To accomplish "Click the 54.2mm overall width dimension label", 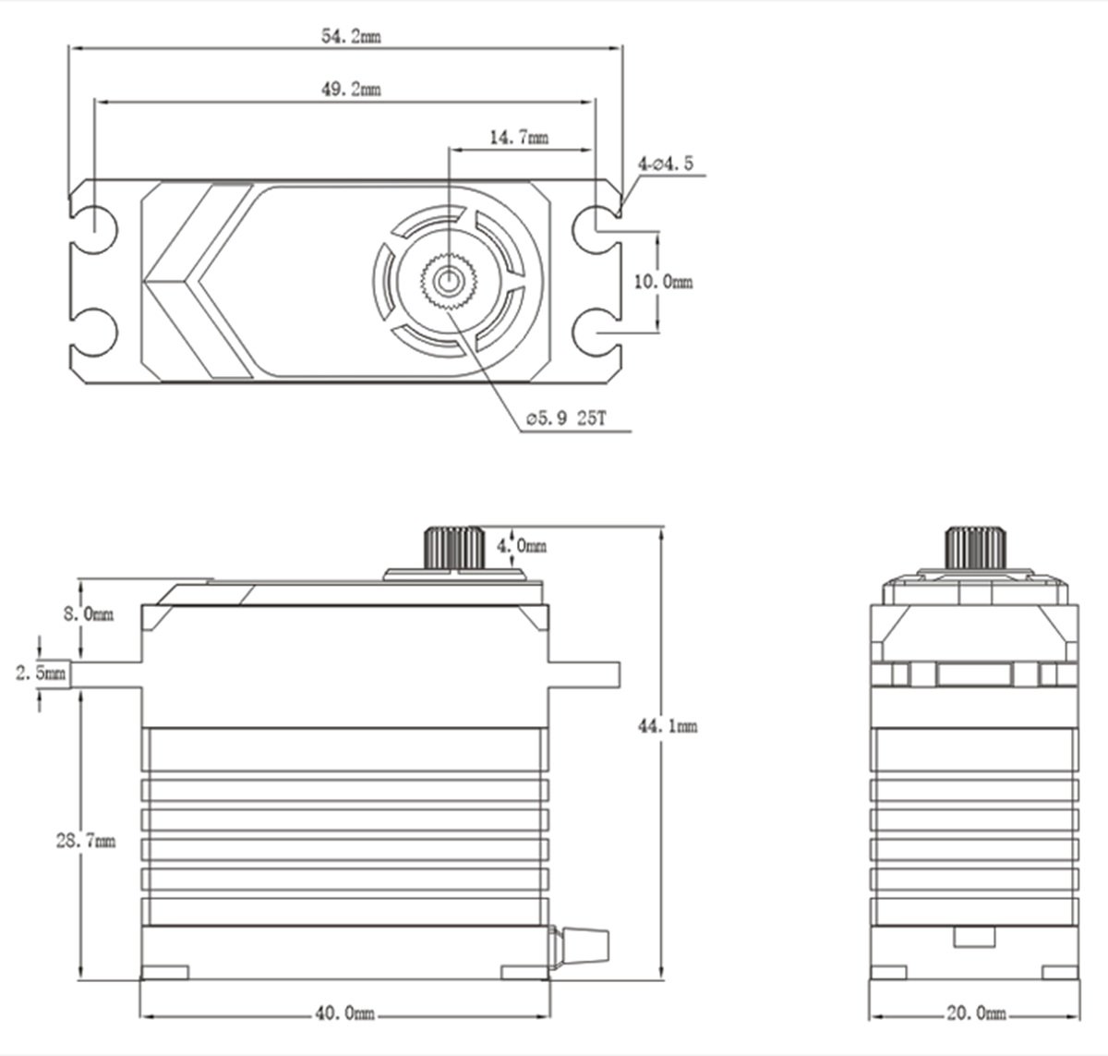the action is tap(351, 37).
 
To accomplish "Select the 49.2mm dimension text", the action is tap(351, 89).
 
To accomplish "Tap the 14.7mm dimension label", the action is tap(519, 138).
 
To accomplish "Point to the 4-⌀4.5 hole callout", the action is tap(665, 164).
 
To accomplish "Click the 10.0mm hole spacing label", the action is tap(663, 282).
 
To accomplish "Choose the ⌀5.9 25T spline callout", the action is tap(566, 419).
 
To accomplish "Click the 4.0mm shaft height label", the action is tap(522, 546).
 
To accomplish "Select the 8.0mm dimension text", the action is tap(89, 613).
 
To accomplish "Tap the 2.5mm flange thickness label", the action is tap(41, 673).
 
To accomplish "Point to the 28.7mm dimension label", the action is tap(86, 841).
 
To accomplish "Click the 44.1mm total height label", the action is tap(668, 726).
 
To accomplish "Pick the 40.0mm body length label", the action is tap(344, 1014).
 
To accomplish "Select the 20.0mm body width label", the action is tap(976, 1014).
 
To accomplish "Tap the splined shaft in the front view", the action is tap(454, 548).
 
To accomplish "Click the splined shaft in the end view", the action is tap(976, 548).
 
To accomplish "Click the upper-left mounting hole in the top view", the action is tap(95, 230).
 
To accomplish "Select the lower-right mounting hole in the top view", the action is tap(596, 333).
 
